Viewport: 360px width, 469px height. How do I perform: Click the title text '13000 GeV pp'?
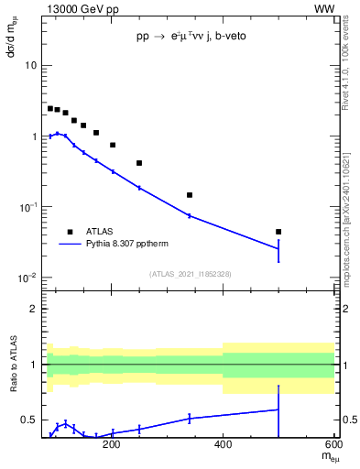(x=80, y=8)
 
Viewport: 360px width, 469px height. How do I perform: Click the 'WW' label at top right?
(x=325, y=8)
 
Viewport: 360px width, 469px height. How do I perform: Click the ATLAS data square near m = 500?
(x=278, y=232)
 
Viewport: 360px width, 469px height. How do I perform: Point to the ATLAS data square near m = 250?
(x=139, y=163)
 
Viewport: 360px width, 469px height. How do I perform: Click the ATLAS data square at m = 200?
(x=113, y=145)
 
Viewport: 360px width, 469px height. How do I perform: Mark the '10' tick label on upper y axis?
(x=31, y=66)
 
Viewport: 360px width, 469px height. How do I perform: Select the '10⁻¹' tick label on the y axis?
(x=27, y=207)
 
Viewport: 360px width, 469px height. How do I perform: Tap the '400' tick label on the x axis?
(x=224, y=446)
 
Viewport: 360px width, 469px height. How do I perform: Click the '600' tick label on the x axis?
(x=334, y=446)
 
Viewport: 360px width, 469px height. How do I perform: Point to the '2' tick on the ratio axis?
(x=34, y=309)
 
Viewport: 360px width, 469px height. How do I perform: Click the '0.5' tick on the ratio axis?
(x=29, y=420)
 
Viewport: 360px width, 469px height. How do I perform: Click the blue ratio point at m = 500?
(x=278, y=409)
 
